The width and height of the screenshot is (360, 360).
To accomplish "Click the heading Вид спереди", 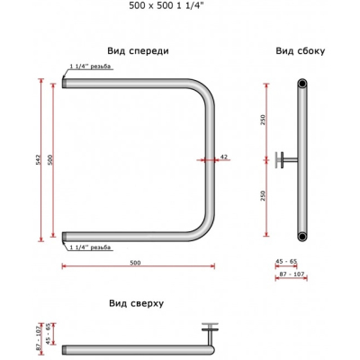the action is point(138,51).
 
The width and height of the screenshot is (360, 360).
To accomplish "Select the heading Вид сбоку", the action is point(301,51).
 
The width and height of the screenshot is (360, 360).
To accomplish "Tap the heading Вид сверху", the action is point(137,303).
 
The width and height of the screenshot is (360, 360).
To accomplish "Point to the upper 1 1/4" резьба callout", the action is point(90,67).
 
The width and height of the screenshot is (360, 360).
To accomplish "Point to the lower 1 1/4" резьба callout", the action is point(90,247).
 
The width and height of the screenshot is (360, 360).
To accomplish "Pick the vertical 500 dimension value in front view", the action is point(50,159).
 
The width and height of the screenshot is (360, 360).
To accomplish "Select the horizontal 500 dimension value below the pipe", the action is point(135,263).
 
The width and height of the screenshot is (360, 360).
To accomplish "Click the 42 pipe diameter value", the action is point(224,157).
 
